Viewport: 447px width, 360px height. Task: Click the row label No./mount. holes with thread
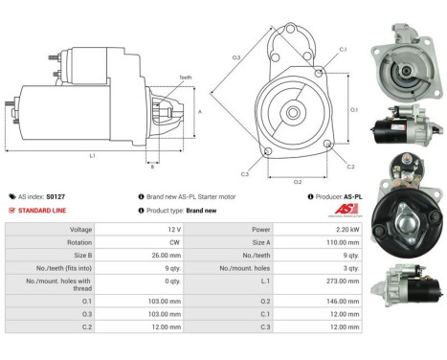(60, 284)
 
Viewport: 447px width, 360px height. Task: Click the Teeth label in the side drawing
(184, 77)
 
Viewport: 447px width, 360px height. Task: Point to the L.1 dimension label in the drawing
(91, 155)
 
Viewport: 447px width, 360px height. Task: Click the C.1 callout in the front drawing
(342, 49)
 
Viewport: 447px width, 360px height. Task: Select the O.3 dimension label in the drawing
(235, 59)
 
